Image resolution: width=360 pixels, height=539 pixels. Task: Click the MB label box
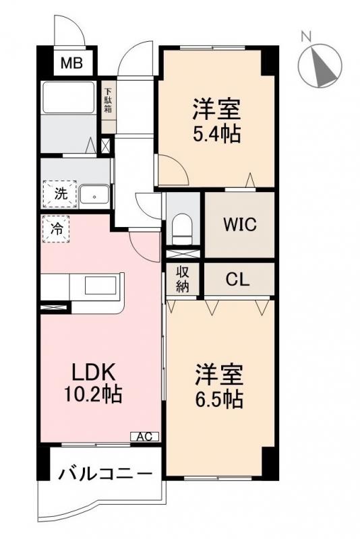click(x=69, y=64)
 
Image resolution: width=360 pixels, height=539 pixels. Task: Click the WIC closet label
click(x=240, y=224)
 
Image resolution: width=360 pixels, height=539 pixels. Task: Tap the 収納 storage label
click(x=183, y=278)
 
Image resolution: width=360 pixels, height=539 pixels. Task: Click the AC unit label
click(x=144, y=437)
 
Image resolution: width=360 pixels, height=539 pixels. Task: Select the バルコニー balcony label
click(x=104, y=474)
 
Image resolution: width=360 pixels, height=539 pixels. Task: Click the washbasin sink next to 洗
click(x=95, y=195)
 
